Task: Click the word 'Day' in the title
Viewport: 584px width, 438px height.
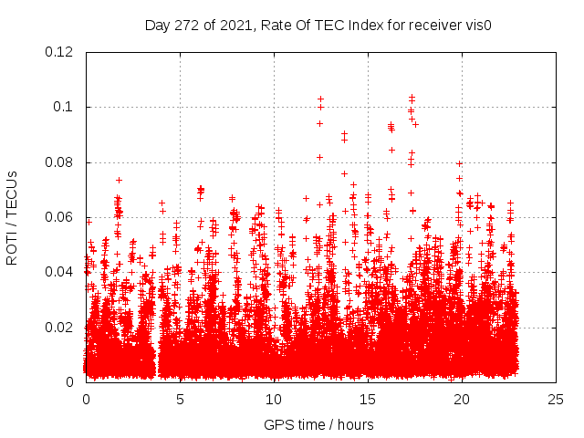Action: [158, 26]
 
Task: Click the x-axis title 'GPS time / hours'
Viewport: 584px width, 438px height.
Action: [319, 424]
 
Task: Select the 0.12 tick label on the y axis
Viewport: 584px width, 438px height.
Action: [60, 52]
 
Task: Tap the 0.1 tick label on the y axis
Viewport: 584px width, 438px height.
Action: [64, 108]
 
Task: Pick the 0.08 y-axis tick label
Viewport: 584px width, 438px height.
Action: [60, 162]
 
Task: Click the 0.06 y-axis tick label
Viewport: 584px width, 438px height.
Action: [60, 217]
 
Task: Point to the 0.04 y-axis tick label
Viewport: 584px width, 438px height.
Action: [60, 272]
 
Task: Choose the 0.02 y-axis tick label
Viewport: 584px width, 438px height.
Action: [60, 328]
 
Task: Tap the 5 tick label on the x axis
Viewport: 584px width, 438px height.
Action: [180, 399]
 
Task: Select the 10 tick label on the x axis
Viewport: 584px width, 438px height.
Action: [274, 399]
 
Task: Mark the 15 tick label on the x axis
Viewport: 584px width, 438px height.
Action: [368, 399]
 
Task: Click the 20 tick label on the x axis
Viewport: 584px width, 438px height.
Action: [462, 399]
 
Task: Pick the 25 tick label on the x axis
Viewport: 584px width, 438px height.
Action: [556, 399]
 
